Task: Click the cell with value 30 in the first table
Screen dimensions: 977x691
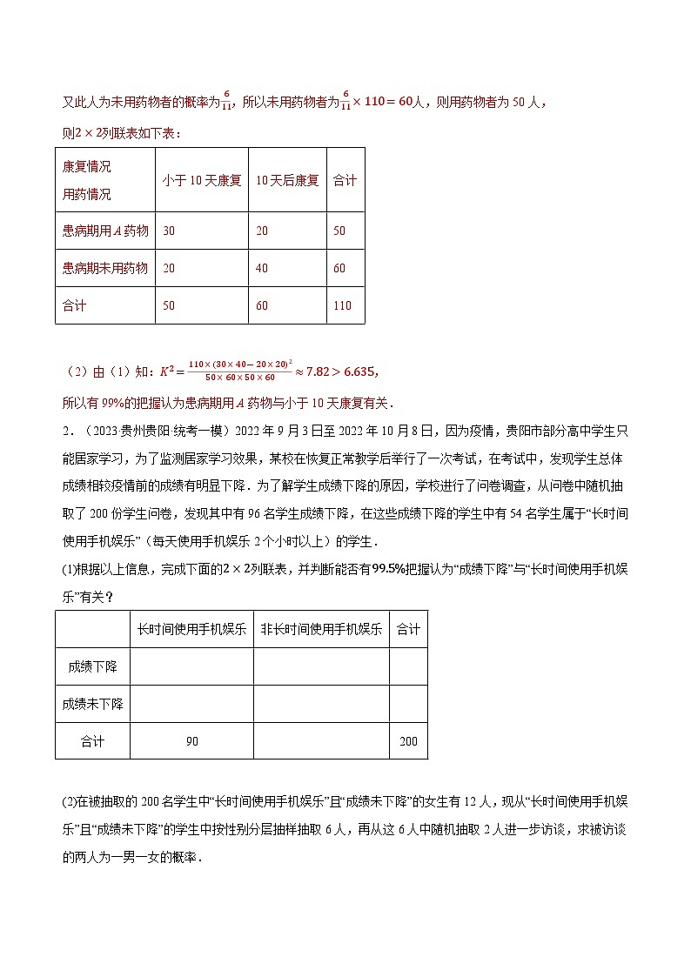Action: pos(169,231)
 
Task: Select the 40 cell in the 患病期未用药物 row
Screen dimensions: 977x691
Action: pos(262,268)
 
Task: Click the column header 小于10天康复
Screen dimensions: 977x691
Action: pos(202,180)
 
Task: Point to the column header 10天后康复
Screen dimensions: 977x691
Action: pos(287,180)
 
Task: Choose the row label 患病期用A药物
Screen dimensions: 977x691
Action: pos(105,231)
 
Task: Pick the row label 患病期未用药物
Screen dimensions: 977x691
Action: pos(105,268)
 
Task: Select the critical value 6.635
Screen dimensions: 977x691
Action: pos(356,371)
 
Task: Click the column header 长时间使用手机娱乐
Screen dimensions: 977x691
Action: pos(191,629)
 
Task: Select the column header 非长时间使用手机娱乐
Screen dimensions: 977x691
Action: pos(321,629)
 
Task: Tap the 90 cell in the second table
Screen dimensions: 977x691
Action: pos(191,741)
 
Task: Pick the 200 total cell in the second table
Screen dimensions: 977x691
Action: pos(408,741)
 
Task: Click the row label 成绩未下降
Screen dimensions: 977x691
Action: pos(92,704)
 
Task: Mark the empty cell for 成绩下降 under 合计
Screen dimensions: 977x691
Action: pos(408,666)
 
